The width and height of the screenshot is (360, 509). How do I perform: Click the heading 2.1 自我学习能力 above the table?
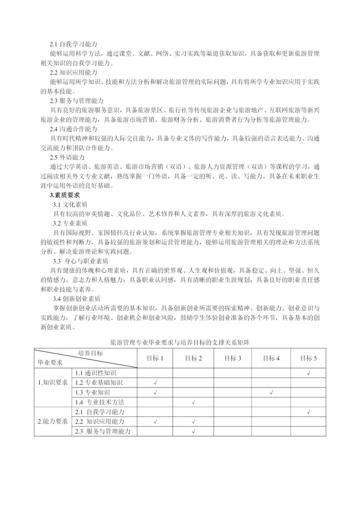click(73, 44)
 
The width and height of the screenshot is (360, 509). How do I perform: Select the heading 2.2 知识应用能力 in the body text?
click(73, 72)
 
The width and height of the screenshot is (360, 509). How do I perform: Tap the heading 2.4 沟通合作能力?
click(73, 129)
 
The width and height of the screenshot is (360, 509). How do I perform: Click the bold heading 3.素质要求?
click(65, 195)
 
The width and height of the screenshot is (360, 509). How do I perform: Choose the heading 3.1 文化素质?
click(70, 204)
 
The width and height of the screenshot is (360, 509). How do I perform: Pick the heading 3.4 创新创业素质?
click(77, 299)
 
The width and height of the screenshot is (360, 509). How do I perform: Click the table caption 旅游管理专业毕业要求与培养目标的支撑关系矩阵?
click(180, 342)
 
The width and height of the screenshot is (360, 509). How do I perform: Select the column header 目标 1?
click(155, 358)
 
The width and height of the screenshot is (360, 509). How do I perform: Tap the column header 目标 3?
click(233, 358)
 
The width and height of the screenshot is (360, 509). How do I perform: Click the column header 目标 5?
click(308, 358)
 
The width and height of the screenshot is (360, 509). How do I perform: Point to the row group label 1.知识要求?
click(53, 382)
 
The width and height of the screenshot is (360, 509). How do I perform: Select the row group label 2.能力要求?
click(53, 421)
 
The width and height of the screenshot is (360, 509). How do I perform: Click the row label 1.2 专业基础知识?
click(99, 382)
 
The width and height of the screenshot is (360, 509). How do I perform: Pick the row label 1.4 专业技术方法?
click(100, 402)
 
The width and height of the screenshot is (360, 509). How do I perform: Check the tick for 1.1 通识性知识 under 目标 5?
click(308, 373)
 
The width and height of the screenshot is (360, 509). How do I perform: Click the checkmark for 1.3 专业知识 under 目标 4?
click(271, 392)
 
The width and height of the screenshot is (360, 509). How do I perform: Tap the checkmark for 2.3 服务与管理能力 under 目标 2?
click(193, 431)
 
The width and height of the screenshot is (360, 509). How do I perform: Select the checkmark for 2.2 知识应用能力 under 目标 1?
click(155, 421)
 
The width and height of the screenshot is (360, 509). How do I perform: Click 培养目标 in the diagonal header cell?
click(90, 353)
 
